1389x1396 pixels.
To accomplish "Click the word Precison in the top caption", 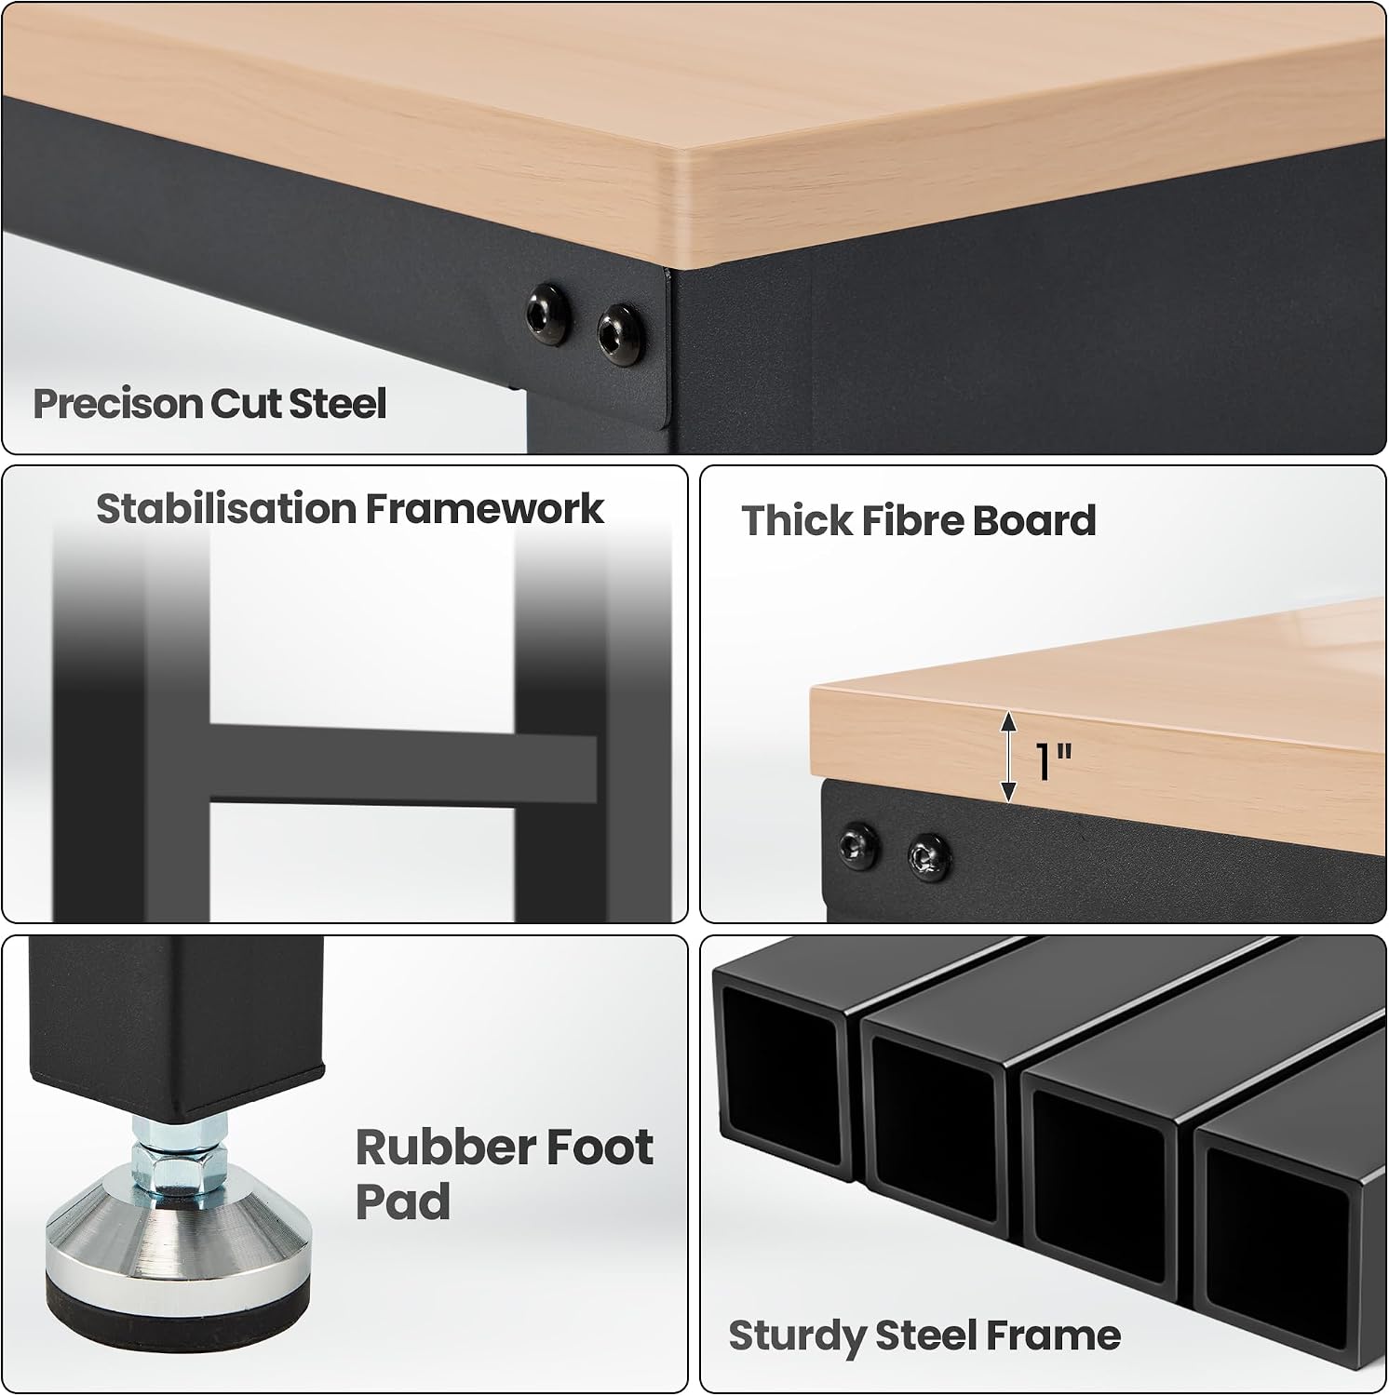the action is tap(118, 404).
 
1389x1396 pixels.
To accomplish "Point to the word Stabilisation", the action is tap(226, 509).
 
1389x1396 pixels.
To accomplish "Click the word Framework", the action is tap(484, 509).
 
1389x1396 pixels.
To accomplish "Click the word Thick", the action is tap(797, 521).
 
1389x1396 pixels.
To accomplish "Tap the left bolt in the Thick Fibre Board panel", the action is tap(856, 843).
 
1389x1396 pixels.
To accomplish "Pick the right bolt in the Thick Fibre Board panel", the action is tap(928, 855).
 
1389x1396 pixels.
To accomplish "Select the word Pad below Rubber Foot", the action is tap(403, 1201).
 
